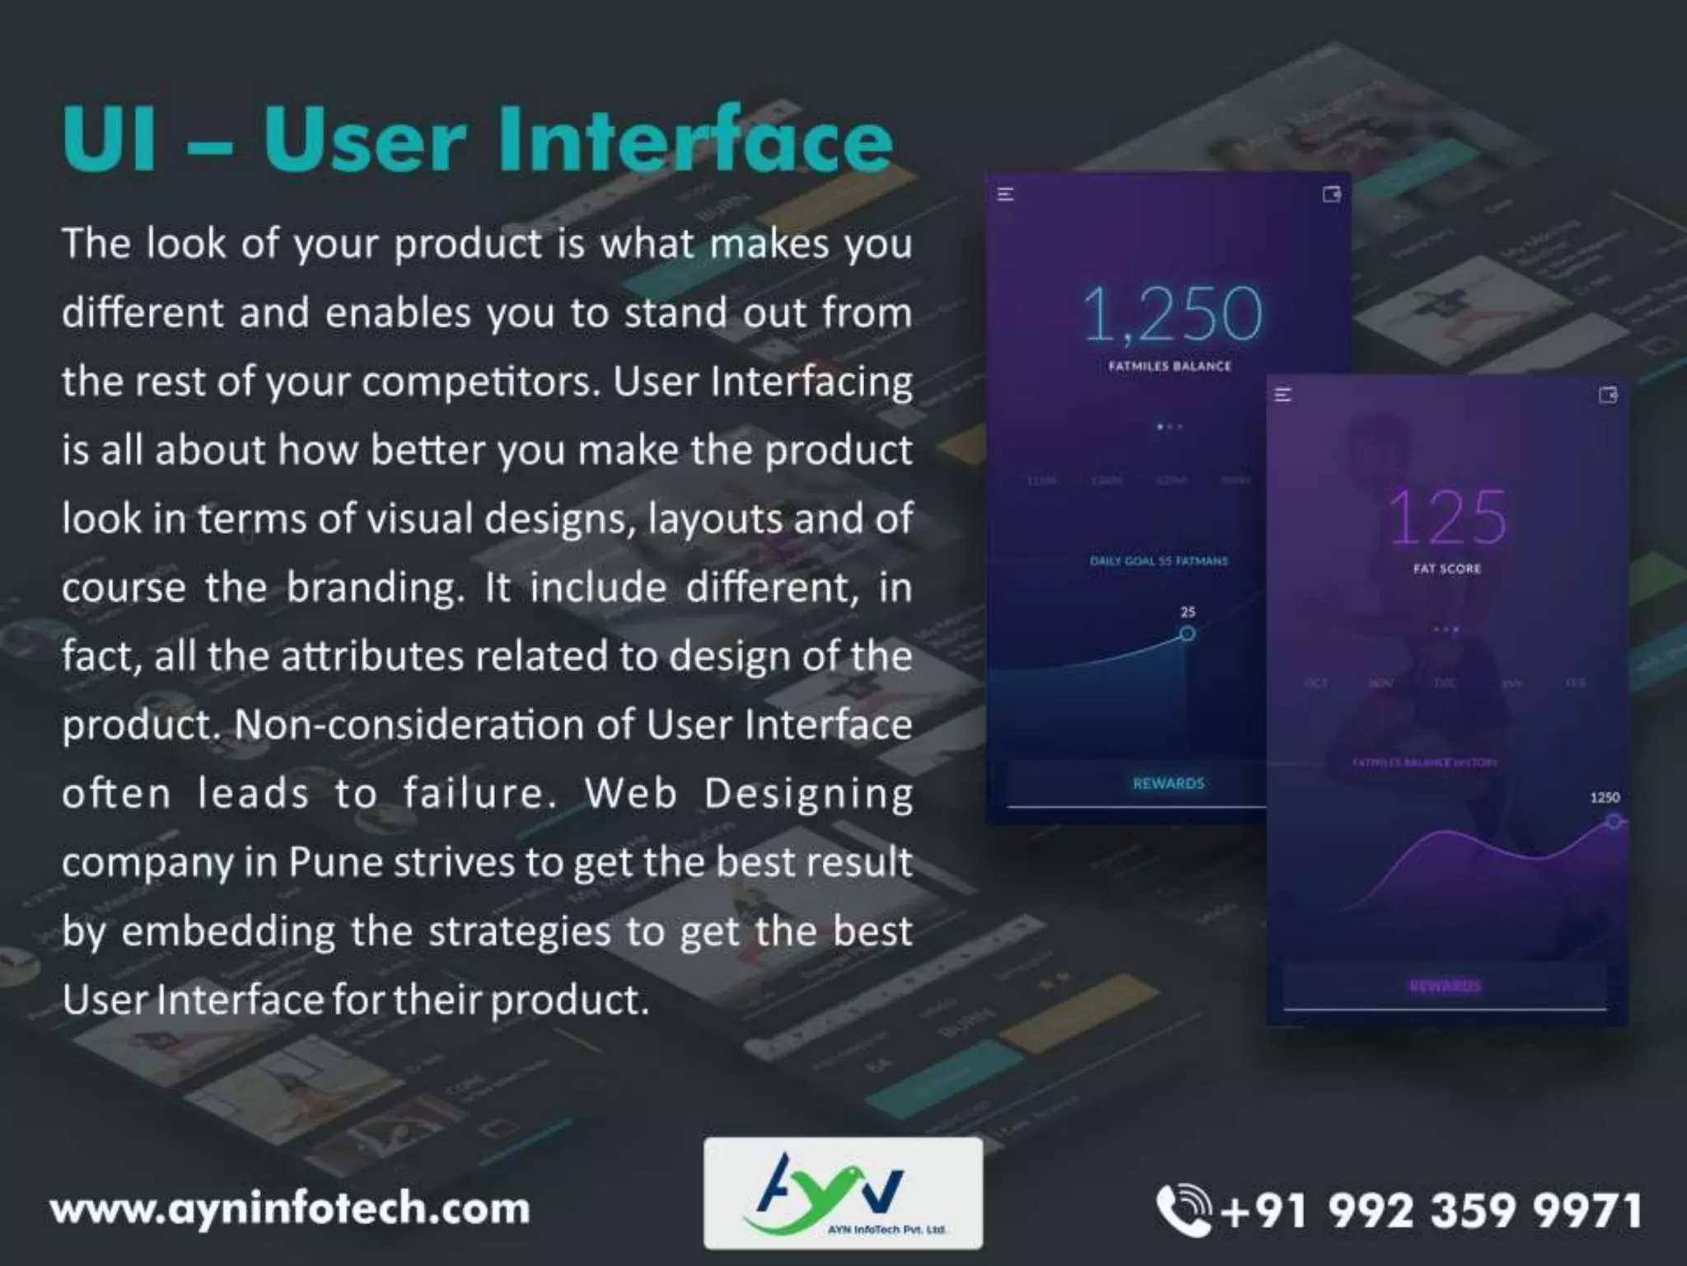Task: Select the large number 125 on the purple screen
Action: [1447, 518]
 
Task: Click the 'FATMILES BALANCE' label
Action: [1170, 366]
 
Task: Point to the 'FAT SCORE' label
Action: [1447, 569]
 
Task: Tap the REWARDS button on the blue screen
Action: [1168, 783]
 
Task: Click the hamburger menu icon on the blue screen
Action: [1006, 195]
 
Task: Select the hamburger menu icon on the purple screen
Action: [1283, 396]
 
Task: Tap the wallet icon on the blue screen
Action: [1331, 195]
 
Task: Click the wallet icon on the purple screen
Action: [1608, 396]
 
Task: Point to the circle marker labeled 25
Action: [1187, 633]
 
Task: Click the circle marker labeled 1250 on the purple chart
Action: [1614, 821]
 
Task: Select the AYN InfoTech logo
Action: [843, 1193]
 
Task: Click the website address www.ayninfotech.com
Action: [290, 1209]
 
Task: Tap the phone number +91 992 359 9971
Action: [1431, 1211]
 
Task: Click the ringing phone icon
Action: [1183, 1210]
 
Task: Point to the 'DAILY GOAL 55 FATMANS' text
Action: [1159, 561]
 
